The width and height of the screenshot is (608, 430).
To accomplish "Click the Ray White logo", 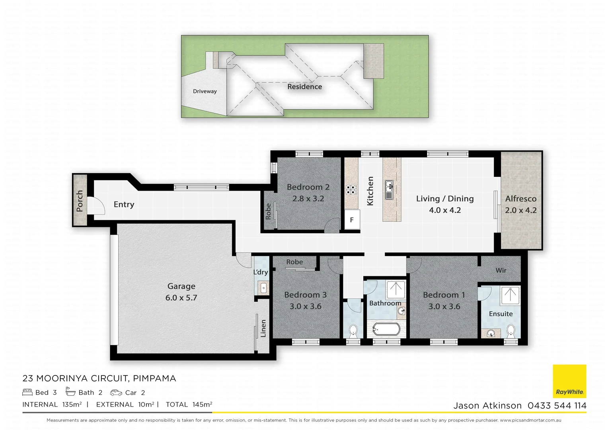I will coord(569,381).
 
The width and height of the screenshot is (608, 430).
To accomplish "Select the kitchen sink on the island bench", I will coord(389,190).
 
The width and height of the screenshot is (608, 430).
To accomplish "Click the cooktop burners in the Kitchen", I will coord(351,190).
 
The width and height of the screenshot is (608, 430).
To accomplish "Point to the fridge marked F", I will coord(352,220).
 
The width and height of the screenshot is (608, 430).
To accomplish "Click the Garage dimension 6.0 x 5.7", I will coord(181,298).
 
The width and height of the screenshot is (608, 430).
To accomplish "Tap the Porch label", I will coord(80,201).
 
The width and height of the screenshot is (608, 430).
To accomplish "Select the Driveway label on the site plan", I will coord(205,91).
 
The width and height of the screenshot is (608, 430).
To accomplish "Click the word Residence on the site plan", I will coord(304,86).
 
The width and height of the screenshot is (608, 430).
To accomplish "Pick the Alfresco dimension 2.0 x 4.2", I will coord(520,210).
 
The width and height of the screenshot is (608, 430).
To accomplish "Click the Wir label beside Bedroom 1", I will coord(501,270).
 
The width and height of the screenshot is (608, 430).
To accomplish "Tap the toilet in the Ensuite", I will coord(511,331).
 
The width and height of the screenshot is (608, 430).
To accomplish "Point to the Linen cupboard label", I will coord(263,328).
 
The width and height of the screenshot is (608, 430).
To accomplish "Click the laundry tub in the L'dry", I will coord(263,287).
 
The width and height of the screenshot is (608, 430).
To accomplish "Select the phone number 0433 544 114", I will coord(557,405).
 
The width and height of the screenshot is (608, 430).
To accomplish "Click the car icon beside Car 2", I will coord(116,393).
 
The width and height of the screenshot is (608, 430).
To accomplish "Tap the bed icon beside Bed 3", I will coord(27,392).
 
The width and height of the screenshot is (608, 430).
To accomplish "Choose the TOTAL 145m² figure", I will coord(189,405).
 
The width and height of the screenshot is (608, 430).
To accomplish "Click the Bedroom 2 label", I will coord(308,187).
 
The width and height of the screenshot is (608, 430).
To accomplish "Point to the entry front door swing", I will coord(95,206).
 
